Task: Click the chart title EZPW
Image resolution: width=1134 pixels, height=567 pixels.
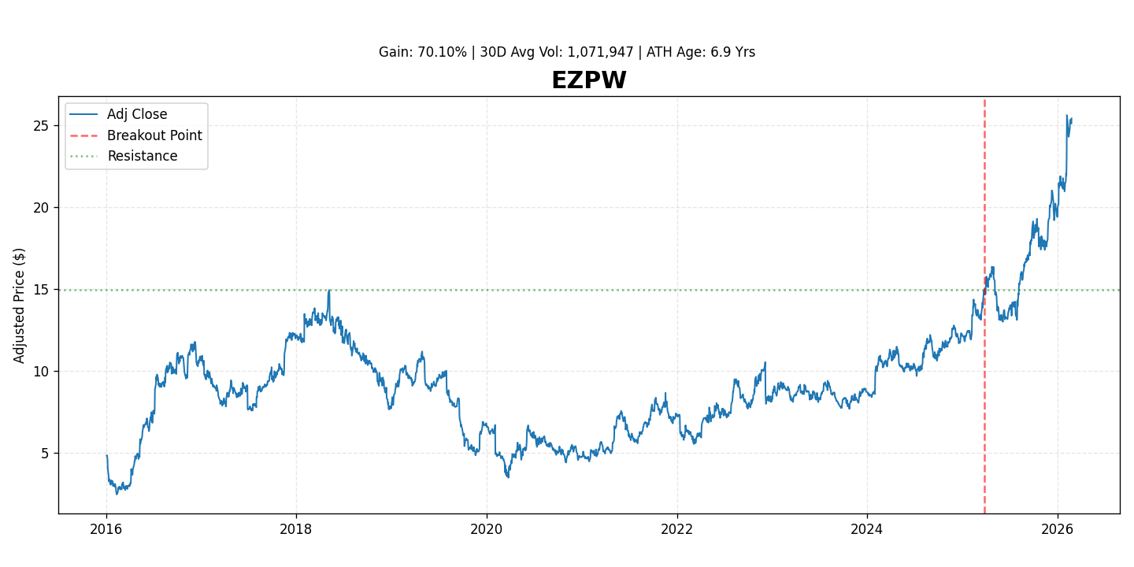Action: (588, 81)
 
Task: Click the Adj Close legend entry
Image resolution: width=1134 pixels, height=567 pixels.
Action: (137, 115)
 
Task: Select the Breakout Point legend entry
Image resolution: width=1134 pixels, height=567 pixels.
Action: (154, 135)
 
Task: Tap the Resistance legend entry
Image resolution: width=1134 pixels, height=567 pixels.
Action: (142, 156)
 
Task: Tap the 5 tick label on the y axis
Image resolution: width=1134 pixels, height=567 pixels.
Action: (46, 454)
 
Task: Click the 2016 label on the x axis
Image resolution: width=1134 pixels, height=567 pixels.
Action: (106, 528)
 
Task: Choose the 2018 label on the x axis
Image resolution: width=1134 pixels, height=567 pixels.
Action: (296, 528)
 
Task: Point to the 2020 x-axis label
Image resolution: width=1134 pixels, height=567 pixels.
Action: (487, 528)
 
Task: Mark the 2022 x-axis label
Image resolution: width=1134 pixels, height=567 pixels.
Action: (676, 528)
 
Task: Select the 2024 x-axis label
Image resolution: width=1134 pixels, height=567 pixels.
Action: (867, 528)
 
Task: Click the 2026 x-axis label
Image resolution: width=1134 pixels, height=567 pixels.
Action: (1058, 528)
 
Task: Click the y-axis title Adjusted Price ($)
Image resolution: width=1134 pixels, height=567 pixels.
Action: (20, 306)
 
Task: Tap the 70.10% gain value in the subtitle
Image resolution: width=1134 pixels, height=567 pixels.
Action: (442, 53)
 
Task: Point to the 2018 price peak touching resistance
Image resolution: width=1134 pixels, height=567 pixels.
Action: (328, 291)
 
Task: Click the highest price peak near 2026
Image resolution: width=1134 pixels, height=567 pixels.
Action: (1067, 116)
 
